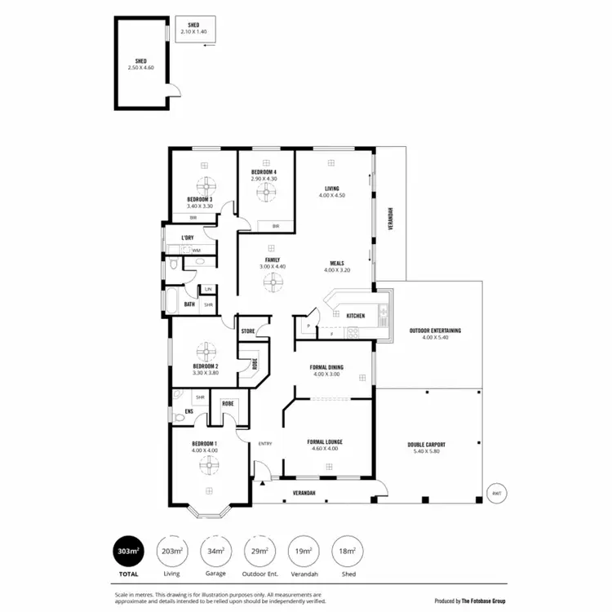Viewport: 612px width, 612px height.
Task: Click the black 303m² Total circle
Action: point(128,552)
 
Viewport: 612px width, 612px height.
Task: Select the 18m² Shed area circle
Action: point(348,552)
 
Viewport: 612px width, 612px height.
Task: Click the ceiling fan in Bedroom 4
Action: point(265,193)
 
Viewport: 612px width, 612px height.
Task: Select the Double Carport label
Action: point(426,446)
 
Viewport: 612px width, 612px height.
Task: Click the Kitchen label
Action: point(356,316)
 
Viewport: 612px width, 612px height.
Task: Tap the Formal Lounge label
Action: point(325,445)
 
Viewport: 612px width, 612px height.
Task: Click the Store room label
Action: point(248,331)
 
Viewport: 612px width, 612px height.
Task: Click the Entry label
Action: point(265,443)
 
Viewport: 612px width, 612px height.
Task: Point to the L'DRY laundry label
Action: point(188,237)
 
